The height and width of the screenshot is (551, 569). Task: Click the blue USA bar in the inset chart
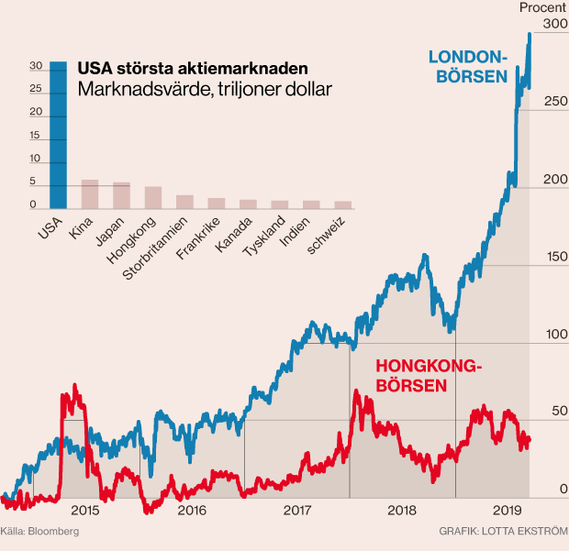tap(58, 136)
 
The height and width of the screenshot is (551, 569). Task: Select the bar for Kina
tap(90, 194)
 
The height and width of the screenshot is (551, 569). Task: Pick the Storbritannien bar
tap(184, 202)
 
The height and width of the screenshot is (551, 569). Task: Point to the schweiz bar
tap(342, 205)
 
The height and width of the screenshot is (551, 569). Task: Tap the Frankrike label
tap(195, 238)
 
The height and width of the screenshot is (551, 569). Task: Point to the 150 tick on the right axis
tap(555, 258)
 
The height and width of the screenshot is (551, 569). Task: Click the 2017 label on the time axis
tap(296, 509)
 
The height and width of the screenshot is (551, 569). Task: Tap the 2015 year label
tap(84, 509)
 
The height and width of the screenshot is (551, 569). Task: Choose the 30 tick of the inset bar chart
tap(35, 66)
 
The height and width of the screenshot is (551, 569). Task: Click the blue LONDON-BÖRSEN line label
tap(468, 66)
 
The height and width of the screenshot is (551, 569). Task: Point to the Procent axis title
tap(542, 7)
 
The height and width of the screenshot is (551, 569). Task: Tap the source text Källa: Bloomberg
tap(39, 531)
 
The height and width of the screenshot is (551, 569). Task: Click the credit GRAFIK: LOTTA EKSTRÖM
tap(504, 531)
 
